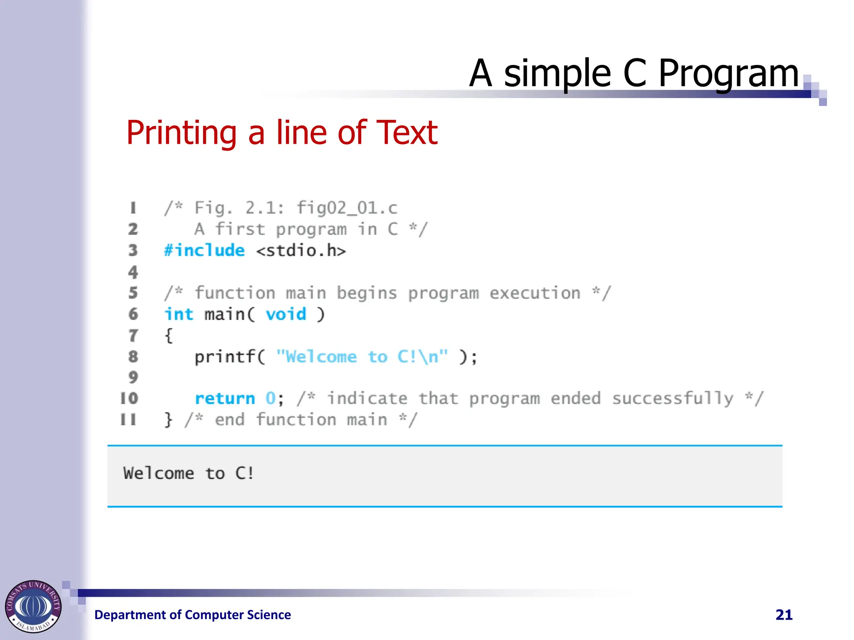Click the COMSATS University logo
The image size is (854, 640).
coord(33,606)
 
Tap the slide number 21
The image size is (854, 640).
coord(784,615)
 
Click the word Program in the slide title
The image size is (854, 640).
coord(728,74)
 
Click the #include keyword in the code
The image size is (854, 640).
coord(204,250)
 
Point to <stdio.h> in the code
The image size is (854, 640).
coord(301,250)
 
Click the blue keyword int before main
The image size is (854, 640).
coord(178,314)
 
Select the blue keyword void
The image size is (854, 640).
coord(286,314)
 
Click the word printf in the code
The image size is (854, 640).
coord(225,357)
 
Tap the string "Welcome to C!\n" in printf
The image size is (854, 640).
coord(362,357)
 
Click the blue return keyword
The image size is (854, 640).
coord(225,399)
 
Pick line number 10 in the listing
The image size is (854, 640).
coord(129,398)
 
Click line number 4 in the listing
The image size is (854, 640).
coord(133,272)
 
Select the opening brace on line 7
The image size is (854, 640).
coord(168,336)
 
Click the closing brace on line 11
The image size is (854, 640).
coord(168,420)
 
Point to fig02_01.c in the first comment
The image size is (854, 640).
coord(347,207)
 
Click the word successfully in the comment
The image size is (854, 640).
coord(673,399)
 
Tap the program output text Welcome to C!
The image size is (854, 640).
coord(188,473)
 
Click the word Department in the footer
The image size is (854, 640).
coord(130,615)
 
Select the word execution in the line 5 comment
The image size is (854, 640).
coord(535,293)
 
